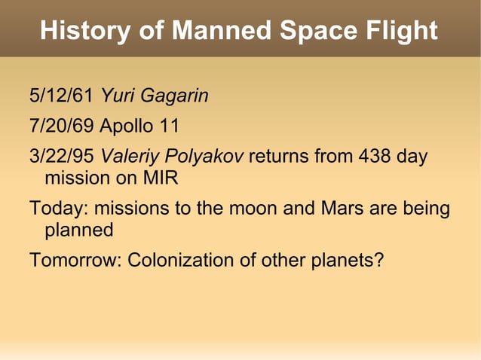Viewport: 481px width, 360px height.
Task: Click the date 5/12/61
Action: (61, 96)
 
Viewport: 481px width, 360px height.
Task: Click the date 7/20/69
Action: (61, 124)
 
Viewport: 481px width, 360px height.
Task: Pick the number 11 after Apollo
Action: (167, 124)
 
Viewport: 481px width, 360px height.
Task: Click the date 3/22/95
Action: (61, 157)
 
